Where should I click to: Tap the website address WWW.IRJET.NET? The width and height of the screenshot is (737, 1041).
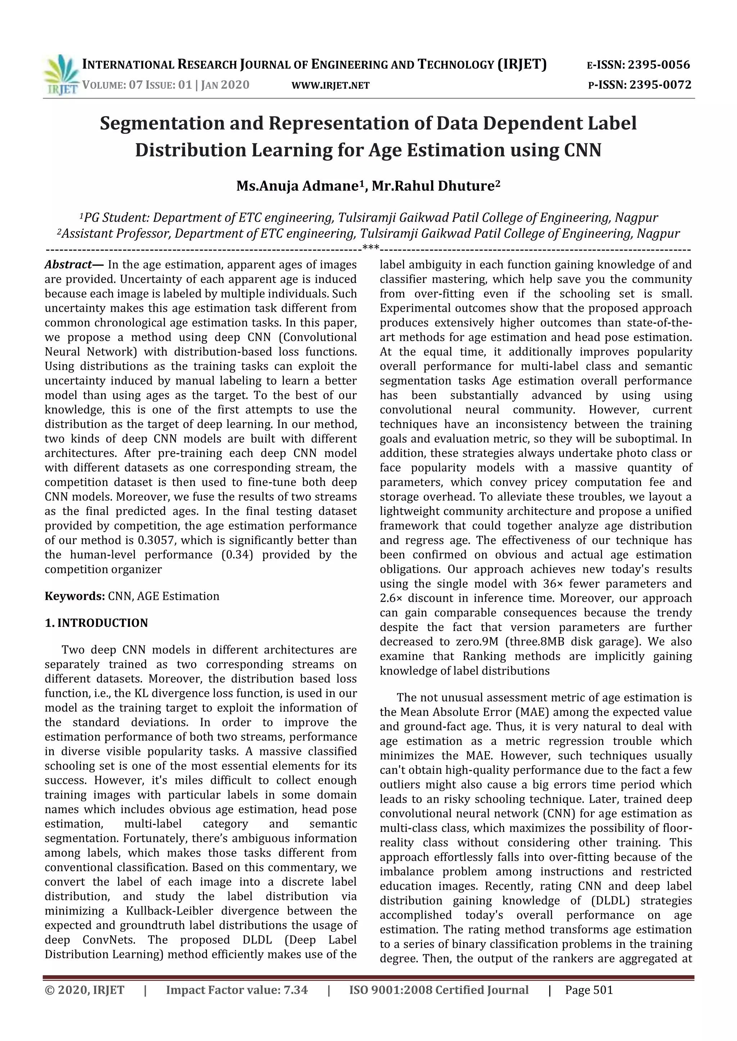click(x=330, y=85)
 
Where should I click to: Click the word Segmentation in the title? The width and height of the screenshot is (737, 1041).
click(x=161, y=123)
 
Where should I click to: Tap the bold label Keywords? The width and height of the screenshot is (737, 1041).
click(x=74, y=596)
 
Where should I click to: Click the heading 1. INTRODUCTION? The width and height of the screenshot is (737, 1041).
click(x=96, y=622)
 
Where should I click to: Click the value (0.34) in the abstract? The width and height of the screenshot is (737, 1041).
click(x=237, y=554)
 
